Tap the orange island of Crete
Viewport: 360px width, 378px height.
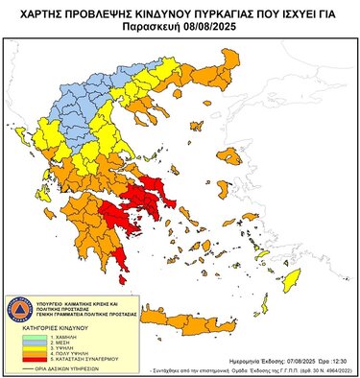click(240, 318)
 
